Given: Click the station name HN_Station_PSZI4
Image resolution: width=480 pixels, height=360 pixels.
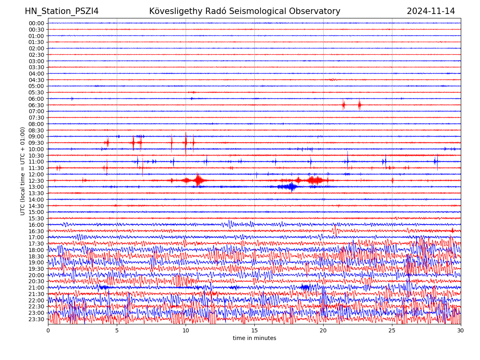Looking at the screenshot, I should click(x=62, y=11).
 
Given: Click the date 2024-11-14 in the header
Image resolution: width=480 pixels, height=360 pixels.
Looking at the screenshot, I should click(x=431, y=11).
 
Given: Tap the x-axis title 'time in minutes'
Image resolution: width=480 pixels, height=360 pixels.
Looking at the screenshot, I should click(x=254, y=338).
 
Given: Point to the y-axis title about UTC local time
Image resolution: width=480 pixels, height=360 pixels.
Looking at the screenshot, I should click(x=23, y=171).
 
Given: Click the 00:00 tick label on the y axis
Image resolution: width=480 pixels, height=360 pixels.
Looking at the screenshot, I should click(x=36, y=23).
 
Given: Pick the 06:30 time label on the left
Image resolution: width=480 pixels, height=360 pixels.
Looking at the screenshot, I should click(x=36, y=105).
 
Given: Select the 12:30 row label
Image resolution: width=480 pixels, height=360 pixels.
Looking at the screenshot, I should click(x=36, y=181).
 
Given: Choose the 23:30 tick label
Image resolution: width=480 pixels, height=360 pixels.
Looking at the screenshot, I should click(x=36, y=319).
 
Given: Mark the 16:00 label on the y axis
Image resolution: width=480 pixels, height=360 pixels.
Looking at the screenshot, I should click(x=36, y=225).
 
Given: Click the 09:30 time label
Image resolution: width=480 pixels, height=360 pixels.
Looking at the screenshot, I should click(x=36, y=143).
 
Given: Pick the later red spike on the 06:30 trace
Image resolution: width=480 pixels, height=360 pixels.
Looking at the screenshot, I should click(x=360, y=105).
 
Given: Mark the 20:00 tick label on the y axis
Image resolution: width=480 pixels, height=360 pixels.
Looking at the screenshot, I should click(x=36, y=275).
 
